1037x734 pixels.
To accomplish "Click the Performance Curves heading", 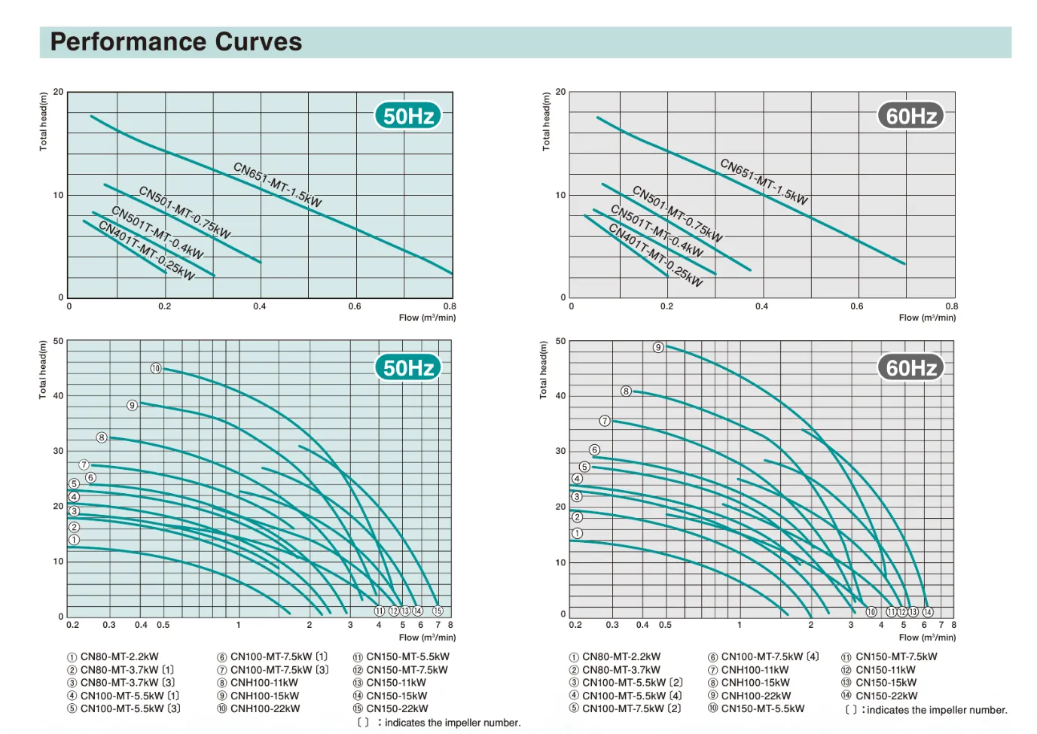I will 176,42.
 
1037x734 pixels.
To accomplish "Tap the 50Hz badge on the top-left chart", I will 408,116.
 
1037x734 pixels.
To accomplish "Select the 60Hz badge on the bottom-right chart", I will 910,367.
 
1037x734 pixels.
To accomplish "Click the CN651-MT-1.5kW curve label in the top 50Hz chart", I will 277,184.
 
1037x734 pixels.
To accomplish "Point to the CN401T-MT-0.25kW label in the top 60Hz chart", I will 655,255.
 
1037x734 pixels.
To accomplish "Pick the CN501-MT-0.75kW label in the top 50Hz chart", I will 185,212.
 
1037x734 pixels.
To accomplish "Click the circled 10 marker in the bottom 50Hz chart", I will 156,368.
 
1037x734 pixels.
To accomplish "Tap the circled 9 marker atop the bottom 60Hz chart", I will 658,347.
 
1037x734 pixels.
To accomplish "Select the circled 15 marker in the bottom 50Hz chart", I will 438,611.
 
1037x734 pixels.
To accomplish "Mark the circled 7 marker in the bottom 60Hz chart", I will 605,421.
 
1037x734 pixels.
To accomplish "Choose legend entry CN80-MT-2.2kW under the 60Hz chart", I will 615,656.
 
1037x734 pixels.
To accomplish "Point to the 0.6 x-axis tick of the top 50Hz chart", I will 355,306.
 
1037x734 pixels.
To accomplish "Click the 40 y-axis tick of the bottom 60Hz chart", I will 560,395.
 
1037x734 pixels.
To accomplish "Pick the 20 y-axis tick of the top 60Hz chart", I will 560,92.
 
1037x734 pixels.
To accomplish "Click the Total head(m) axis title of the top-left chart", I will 43,121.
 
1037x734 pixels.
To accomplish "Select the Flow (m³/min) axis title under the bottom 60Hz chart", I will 927,637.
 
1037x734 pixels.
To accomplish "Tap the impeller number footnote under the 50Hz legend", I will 439,723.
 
